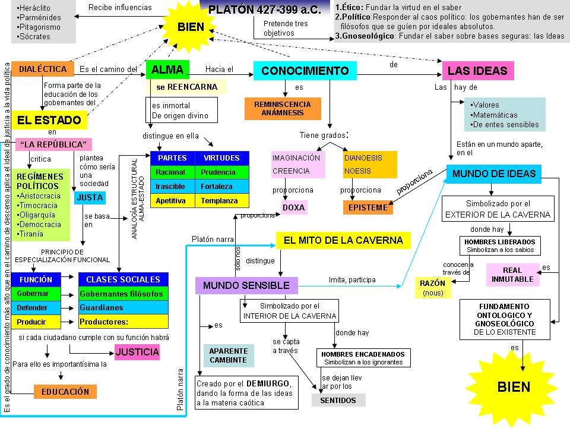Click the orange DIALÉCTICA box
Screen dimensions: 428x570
tap(43, 69)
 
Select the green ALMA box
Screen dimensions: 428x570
tap(167, 70)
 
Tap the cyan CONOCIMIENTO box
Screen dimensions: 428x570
tap(305, 71)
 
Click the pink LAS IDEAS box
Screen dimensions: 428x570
tap(477, 71)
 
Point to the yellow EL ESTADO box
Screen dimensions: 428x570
tap(49, 120)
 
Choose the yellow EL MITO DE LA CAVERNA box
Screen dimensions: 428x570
tap(344, 241)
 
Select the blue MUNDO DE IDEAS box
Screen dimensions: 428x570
tap(494, 174)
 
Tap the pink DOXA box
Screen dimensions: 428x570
tap(294, 207)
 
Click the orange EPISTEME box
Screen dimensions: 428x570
tap(368, 207)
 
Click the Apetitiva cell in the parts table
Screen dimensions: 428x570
tap(171, 201)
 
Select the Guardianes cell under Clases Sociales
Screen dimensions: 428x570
tap(123, 308)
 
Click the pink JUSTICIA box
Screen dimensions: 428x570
tap(138, 352)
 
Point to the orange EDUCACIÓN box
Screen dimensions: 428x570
tap(65, 392)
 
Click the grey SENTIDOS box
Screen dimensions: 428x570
tap(338, 400)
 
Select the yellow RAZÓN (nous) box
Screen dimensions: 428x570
tap(432, 288)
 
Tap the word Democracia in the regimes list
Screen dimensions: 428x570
tap(40, 224)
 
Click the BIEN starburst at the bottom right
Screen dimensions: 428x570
tap(514, 386)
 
